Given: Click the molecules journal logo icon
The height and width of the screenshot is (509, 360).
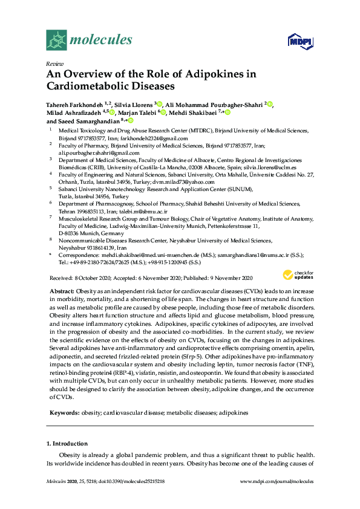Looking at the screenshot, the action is pyautogui.click(x=57, y=40).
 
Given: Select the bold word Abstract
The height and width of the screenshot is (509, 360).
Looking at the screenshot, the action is pyautogui.click(x=62, y=291).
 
